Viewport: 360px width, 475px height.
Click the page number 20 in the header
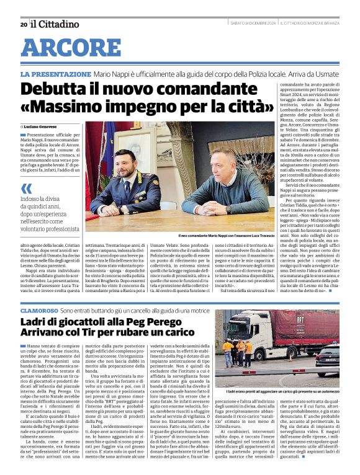coord(23,24)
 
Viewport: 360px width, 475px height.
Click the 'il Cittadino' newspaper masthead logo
coord(55,24)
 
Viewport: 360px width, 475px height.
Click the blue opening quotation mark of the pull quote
coord(27,189)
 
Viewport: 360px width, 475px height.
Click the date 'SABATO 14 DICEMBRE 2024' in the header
coord(253,24)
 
